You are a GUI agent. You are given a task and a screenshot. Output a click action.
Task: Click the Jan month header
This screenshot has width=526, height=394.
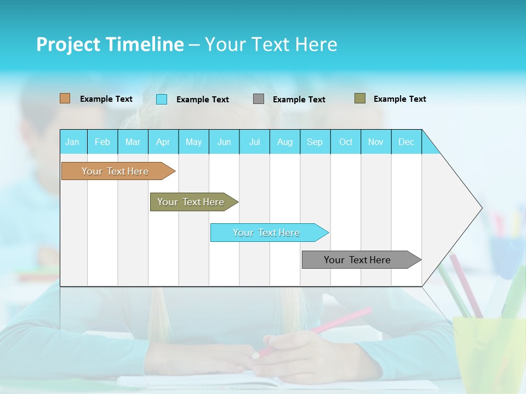click(73, 142)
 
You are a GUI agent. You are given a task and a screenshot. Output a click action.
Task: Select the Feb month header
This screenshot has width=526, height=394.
click(102, 142)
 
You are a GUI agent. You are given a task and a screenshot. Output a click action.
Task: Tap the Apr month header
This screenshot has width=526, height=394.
click(163, 142)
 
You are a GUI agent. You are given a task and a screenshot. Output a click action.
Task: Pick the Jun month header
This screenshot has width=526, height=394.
click(224, 142)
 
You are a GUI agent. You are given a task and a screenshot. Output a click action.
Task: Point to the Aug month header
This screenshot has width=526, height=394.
click(285, 142)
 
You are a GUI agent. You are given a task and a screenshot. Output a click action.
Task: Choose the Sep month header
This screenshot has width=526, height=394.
click(315, 142)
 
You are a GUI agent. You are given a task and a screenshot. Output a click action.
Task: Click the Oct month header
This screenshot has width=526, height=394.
click(346, 142)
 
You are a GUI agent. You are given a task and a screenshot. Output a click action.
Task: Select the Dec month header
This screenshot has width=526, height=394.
click(407, 142)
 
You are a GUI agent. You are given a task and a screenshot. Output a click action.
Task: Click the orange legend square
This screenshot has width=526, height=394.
click(65, 99)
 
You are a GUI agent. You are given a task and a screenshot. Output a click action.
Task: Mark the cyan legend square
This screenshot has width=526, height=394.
click(162, 99)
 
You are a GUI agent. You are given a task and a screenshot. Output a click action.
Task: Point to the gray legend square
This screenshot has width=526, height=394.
click(259, 99)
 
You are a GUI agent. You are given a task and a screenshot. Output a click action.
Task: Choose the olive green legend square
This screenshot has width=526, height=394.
click(360, 99)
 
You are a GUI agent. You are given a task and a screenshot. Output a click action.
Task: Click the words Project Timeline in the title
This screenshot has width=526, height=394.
click(110, 44)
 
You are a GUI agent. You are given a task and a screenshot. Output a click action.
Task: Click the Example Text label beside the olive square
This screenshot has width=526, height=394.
click(399, 99)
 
